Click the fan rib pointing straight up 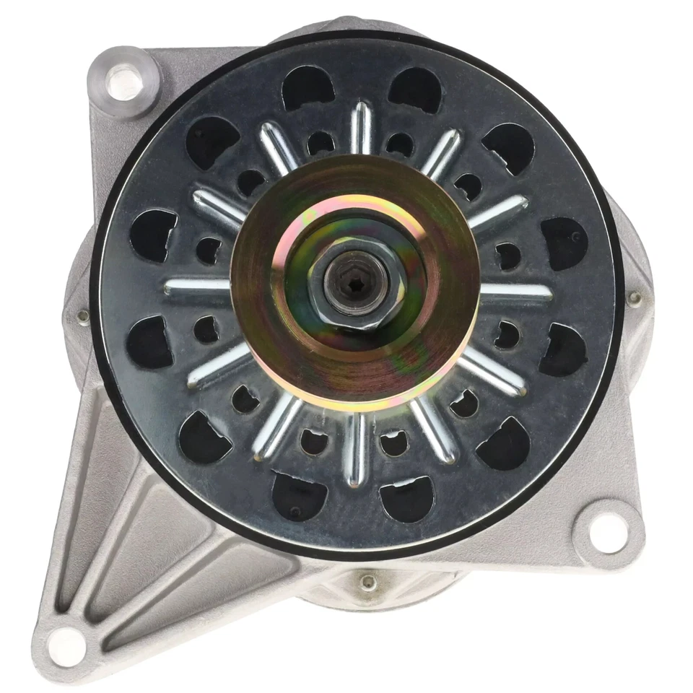361,127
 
